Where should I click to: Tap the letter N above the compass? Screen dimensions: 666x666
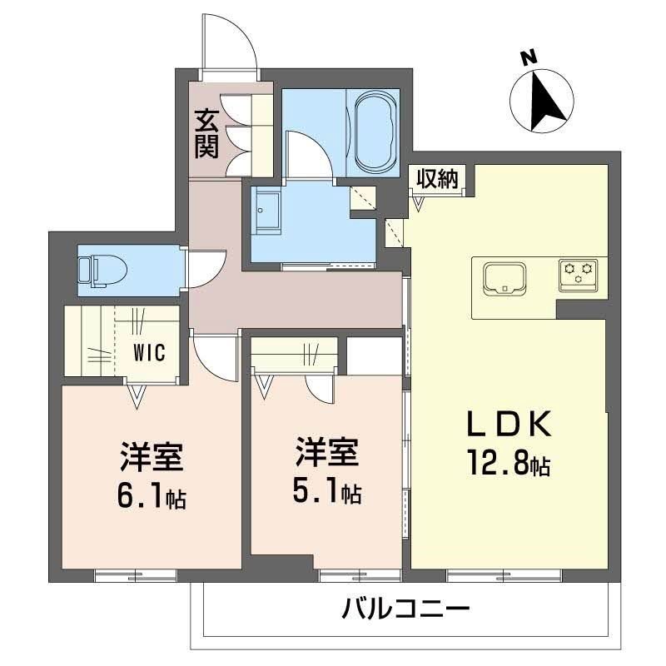[x=526, y=57]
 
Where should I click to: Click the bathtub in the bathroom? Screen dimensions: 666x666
[x=377, y=131]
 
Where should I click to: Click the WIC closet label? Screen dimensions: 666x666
[x=150, y=351]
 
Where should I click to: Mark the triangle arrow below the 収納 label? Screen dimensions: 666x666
[x=420, y=201]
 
